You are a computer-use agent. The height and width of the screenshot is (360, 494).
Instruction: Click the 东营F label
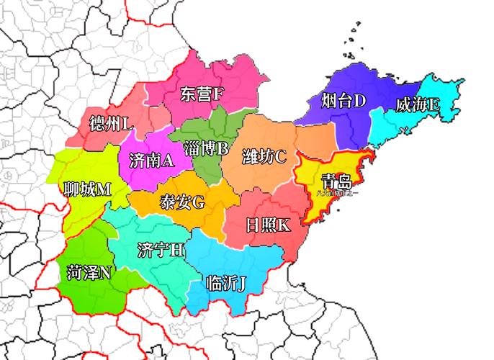(202, 94)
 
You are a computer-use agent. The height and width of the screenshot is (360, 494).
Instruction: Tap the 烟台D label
(344, 100)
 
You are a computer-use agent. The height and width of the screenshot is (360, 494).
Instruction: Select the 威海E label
(418, 105)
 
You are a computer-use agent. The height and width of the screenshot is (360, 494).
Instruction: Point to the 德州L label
(111, 124)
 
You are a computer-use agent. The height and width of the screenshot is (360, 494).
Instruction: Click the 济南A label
(151, 160)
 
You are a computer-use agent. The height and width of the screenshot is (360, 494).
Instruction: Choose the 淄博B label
(206, 149)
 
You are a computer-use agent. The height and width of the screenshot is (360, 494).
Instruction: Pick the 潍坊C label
(264, 156)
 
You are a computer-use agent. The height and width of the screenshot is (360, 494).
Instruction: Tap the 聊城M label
(87, 189)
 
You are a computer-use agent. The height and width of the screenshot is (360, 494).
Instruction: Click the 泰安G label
(182, 202)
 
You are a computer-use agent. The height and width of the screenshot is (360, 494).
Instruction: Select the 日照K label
(268, 224)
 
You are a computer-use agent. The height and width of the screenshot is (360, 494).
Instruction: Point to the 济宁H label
(161, 250)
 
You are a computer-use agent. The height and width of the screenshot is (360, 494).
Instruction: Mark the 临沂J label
(225, 282)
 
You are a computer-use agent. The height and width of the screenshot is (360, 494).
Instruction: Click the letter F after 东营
(219, 94)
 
